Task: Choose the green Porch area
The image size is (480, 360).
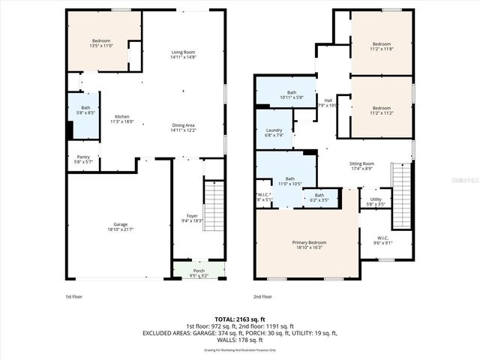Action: coord(199,272)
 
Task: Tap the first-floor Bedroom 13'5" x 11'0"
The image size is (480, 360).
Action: coord(100,43)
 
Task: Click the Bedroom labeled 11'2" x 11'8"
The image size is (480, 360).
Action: coord(381,46)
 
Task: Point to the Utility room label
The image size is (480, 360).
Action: coord(375,202)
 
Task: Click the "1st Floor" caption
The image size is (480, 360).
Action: coord(73,297)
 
